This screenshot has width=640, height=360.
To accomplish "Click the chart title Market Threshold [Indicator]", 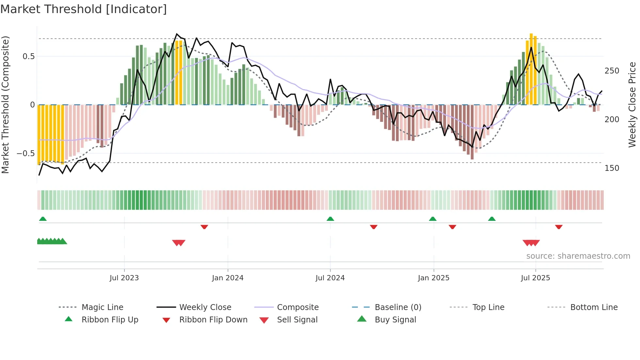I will (84, 9).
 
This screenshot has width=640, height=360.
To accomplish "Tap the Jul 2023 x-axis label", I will (124, 278).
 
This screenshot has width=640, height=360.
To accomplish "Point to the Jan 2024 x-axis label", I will (228, 278).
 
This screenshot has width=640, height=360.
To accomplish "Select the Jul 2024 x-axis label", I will (330, 278).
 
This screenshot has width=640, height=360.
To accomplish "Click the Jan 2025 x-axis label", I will (434, 278).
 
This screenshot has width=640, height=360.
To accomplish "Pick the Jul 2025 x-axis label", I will (536, 278).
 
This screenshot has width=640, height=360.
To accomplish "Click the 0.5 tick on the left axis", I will (29, 57).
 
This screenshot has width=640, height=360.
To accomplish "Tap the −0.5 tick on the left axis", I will (26, 154).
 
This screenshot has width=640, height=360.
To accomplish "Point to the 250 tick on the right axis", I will (612, 71).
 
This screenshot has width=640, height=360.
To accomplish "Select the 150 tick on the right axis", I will (612, 168).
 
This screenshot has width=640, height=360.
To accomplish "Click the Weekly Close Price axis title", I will (632, 105).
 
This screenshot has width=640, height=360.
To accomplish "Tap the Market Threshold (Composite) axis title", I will (6, 105).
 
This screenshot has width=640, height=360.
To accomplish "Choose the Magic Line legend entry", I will (102, 307).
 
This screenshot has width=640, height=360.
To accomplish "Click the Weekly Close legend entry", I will (205, 307).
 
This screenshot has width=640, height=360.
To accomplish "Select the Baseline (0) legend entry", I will (398, 307).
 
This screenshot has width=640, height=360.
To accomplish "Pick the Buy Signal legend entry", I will (395, 320).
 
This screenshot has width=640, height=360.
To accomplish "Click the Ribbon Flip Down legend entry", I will (213, 320).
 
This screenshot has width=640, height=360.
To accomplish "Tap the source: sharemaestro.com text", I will (578, 256).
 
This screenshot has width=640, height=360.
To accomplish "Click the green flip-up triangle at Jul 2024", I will (330, 219).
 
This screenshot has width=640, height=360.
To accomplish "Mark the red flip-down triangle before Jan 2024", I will (204, 227).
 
